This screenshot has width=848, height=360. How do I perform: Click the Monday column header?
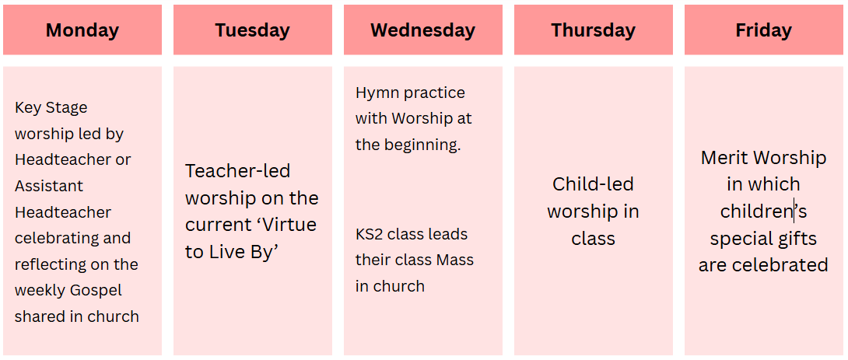[x=82, y=30]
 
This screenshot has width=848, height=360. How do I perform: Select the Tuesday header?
[x=253, y=30]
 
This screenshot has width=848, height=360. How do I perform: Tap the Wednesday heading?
[x=423, y=30]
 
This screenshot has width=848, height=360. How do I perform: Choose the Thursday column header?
[x=594, y=30]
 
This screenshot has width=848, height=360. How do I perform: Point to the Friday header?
[x=764, y=30]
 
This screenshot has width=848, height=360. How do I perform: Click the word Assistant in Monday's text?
[x=49, y=186]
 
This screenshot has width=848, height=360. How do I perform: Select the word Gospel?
[x=94, y=290]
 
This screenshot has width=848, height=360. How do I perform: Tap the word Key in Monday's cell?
[x=25, y=108]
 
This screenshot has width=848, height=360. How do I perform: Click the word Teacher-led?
[x=238, y=171]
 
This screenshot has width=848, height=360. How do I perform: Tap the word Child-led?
[x=594, y=184]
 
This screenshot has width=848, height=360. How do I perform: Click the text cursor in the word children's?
[x=794, y=211]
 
